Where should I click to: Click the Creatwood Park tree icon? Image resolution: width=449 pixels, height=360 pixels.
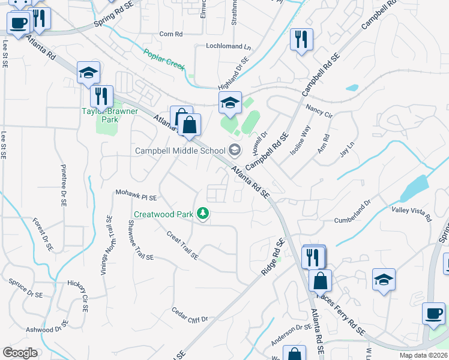(203, 214)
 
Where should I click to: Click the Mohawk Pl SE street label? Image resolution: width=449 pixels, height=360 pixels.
(136, 196)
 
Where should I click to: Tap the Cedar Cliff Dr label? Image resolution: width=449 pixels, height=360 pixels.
(189, 314)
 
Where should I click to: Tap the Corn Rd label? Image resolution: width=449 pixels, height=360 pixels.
(170, 34)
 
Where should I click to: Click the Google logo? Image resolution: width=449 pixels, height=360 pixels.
(20, 353)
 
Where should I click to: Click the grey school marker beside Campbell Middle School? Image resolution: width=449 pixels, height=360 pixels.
(235, 150)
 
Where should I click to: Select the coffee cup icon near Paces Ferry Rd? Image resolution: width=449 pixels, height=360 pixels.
(433, 313)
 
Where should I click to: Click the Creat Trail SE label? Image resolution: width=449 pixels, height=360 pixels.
(182, 246)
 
